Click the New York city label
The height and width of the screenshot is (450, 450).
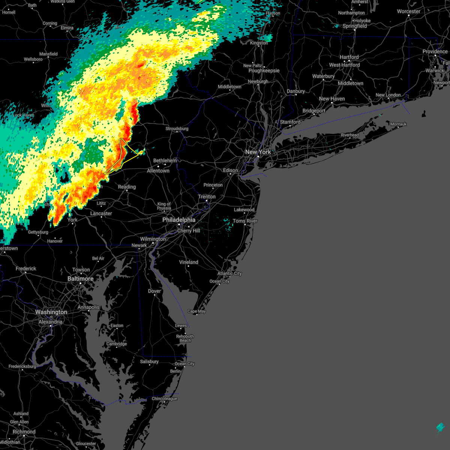pyautogui.click(x=258, y=152)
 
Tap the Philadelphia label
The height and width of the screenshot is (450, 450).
pyautogui.click(x=179, y=220)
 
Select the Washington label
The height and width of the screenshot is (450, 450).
pyautogui.click(x=51, y=312)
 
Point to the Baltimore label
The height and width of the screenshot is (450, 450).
pyautogui.click(x=80, y=279)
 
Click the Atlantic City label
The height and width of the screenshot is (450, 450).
pyautogui.click(x=229, y=273)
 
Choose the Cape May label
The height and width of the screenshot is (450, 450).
pyautogui.click(x=196, y=311)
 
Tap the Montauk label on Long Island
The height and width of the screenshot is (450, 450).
pyautogui.click(x=398, y=124)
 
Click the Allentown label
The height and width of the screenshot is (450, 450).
pyautogui.click(x=158, y=171)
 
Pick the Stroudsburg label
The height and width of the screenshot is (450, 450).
pyautogui.click(x=177, y=129)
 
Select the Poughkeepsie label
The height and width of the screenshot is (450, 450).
pyautogui.click(x=264, y=70)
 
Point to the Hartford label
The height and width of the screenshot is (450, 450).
pyautogui.click(x=349, y=57)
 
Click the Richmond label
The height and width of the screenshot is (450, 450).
pyautogui.click(x=24, y=432)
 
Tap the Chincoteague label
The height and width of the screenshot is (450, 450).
pyautogui.click(x=164, y=399)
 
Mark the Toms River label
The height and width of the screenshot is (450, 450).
pyautogui.click(x=245, y=221)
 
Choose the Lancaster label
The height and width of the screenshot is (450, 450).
pyautogui.click(x=101, y=213)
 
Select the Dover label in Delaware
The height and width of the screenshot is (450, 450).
pyautogui.click(x=154, y=291)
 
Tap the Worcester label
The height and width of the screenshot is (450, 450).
pyautogui.click(x=408, y=11)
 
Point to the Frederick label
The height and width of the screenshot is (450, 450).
pyautogui.click(x=26, y=268)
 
